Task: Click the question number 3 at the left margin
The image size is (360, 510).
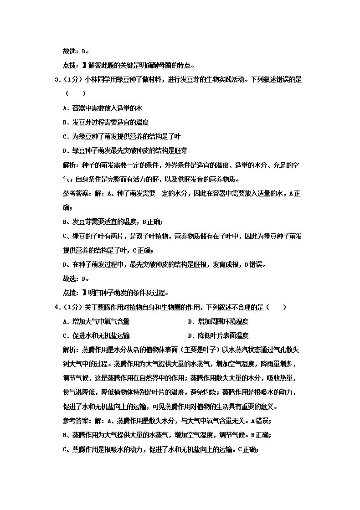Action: point(57,79)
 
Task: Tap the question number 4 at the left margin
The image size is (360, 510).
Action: point(57,307)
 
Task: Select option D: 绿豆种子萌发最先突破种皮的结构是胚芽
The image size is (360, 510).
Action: point(125,150)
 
